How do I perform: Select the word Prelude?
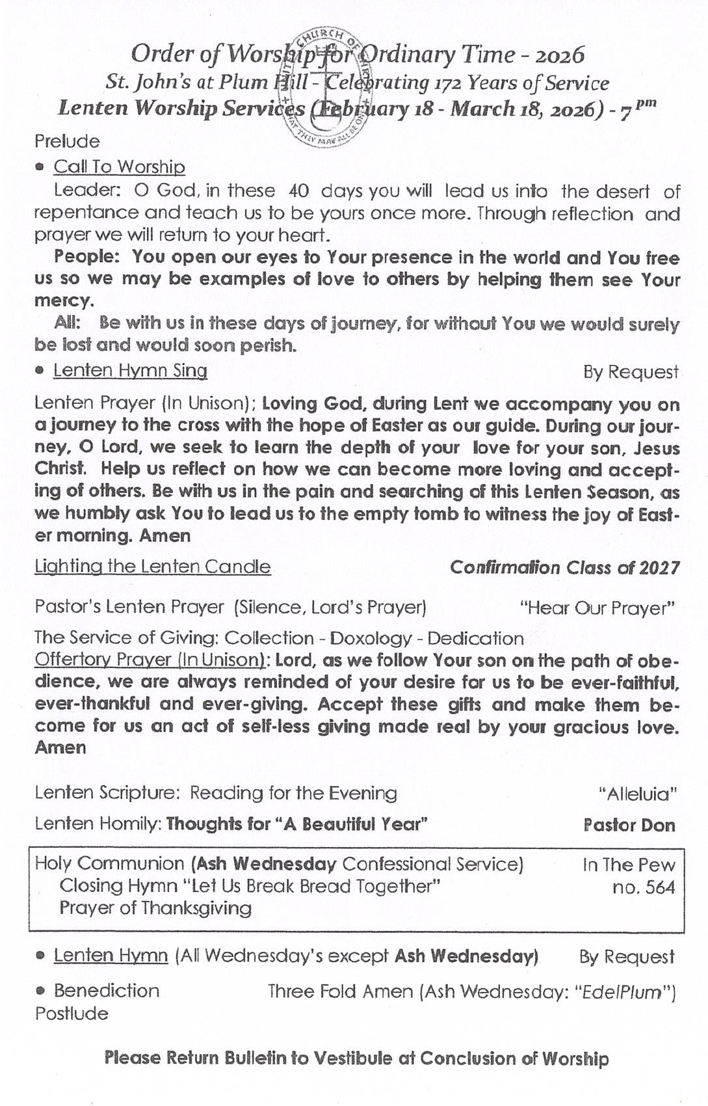pos(67,141)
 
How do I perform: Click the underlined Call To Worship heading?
pos(119,167)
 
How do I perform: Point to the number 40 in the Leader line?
pos(298,191)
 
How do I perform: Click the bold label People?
pos(86,256)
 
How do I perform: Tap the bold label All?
pos(68,323)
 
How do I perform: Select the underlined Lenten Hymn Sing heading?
pos(130,371)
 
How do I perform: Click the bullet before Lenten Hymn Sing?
pos(40,371)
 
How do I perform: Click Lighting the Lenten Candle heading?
pos(152,567)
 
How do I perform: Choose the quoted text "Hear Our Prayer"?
pos(597,608)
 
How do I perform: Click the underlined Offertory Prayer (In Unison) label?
pos(150,660)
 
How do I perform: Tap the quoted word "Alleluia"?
pos(637,794)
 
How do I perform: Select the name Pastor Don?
pos(629,825)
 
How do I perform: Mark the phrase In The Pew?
pos(628,865)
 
